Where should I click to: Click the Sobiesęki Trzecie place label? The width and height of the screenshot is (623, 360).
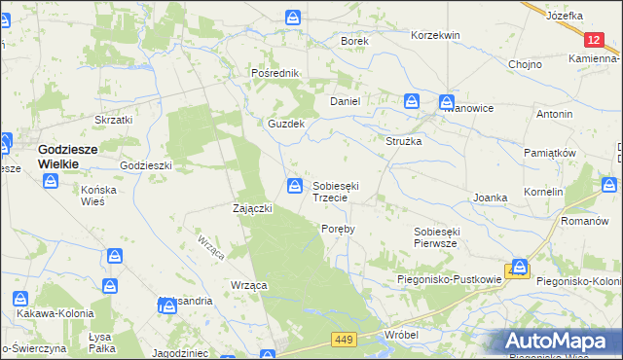pos(337,191)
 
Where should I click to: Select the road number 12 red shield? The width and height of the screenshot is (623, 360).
pos(595,39)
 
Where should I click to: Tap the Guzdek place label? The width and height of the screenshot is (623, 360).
pos(287,125)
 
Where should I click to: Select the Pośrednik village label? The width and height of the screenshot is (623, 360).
pos(274,73)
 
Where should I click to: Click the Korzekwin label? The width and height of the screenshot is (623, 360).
pos(435,35)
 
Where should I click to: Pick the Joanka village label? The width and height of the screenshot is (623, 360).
pos(491,198)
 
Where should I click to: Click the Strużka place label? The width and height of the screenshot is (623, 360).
pos(403,141)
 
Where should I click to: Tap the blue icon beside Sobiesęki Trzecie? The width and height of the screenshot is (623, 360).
pos(293,185)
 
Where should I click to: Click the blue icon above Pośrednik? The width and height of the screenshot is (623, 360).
pos(293,18)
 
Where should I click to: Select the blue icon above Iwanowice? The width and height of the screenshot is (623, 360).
pos(446,101)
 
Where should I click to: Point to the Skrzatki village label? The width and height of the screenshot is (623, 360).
pos(112,120)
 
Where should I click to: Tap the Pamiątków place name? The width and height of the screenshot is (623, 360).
pos(551,154)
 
